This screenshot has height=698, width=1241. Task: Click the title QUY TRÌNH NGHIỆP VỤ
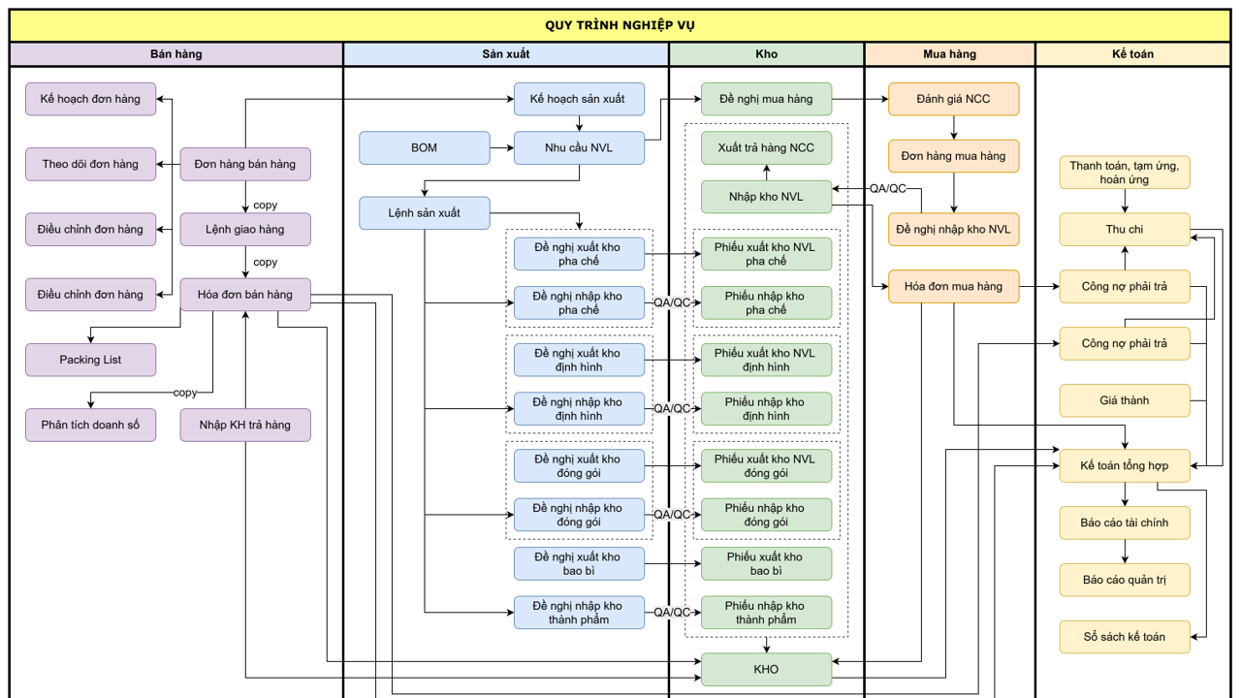pos(620,25)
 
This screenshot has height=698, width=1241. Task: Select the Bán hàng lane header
pos(176,54)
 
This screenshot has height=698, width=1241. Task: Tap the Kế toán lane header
pos(1132,54)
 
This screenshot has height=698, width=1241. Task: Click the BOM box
pos(425,148)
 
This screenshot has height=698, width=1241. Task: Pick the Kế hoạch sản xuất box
pos(579,99)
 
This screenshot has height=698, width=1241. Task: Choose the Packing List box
pos(90,360)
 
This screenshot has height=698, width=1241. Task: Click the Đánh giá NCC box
pos(953,99)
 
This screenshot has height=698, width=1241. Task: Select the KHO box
pos(766,669)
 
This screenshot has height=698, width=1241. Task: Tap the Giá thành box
pos(1125,400)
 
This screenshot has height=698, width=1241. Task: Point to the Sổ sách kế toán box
pos(1125,637)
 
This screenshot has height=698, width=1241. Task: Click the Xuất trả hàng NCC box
pos(766,148)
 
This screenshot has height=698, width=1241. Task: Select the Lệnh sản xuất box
pos(425,213)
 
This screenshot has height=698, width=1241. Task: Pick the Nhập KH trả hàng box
pos(245,425)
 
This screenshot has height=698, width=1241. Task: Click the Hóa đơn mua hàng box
pos(953,286)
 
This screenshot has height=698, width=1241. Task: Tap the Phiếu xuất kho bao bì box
pos(766,563)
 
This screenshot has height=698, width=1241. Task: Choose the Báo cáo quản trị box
pos(1125,580)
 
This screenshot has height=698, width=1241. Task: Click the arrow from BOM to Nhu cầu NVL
pos(502,148)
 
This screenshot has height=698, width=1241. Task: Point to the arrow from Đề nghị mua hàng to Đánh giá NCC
pos(860,99)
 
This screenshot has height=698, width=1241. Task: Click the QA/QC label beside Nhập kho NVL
pos(887,189)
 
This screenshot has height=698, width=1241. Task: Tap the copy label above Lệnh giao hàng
pos(266,205)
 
